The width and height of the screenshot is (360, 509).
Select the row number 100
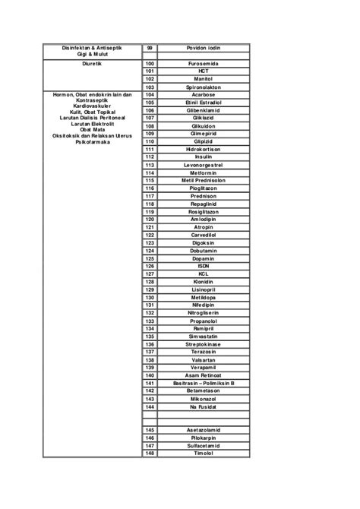tap(150, 63)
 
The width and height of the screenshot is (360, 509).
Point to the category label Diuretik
tap(92, 64)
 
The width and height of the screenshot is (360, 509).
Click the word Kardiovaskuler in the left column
tap(92, 106)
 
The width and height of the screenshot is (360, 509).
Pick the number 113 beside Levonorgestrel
tap(150, 165)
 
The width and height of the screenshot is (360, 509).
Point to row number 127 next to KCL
tap(150, 273)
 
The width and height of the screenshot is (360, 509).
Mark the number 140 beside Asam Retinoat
tap(150, 375)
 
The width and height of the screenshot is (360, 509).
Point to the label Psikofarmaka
tap(92, 142)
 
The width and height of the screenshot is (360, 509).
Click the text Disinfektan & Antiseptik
tap(92, 48)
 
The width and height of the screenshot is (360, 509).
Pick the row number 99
tap(150, 48)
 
